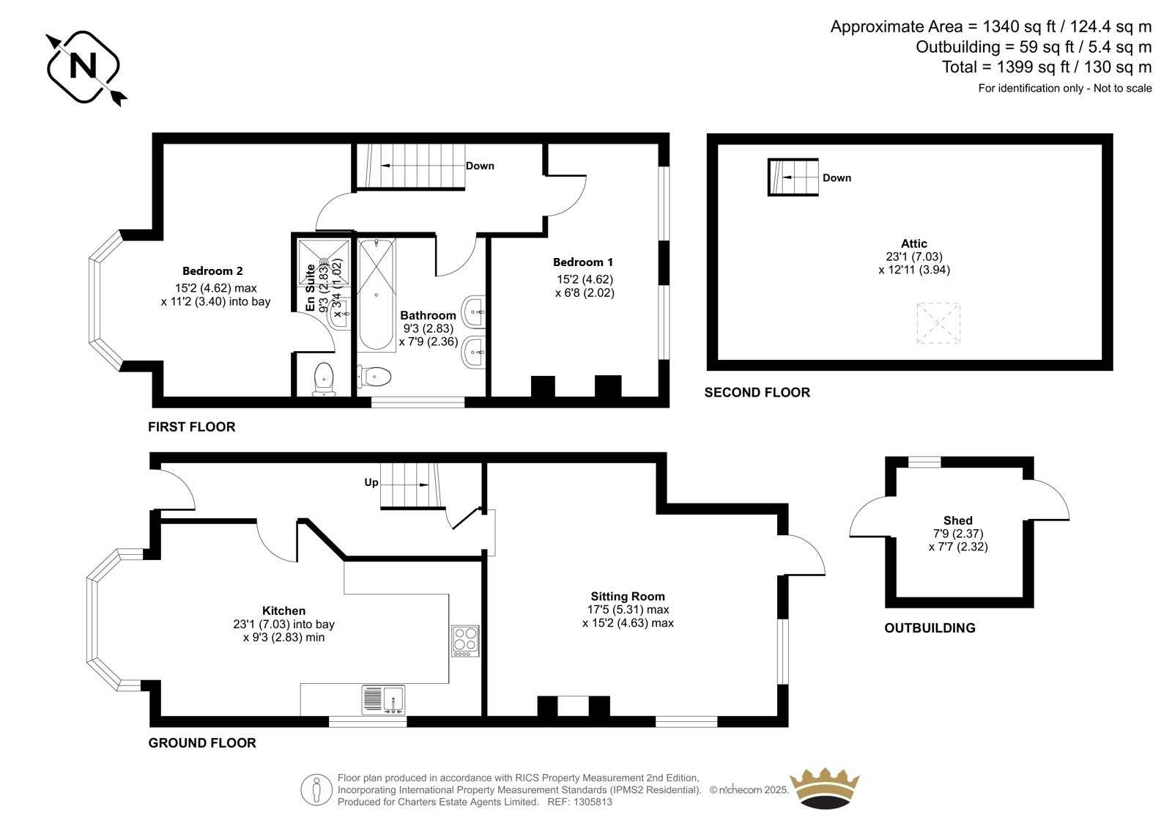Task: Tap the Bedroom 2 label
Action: [212, 270]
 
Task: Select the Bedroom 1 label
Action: [583, 262]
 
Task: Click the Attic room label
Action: [914, 243]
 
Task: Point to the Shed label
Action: [958, 520]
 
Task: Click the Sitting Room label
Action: [628, 596]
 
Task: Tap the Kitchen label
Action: [283, 611]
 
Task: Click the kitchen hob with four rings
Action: [465, 641]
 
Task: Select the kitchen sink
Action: [383, 700]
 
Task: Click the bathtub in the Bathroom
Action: [377, 295]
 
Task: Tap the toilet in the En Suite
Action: [324, 380]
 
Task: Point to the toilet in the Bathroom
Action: [374, 376]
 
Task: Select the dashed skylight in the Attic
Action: [938, 323]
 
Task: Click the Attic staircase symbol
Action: [793, 177]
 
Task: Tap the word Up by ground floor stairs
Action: [371, 482]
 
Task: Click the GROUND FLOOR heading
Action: [202, 743]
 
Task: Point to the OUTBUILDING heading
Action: [930, 628]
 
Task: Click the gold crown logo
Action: [825, 788]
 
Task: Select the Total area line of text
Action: [1047, 67]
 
